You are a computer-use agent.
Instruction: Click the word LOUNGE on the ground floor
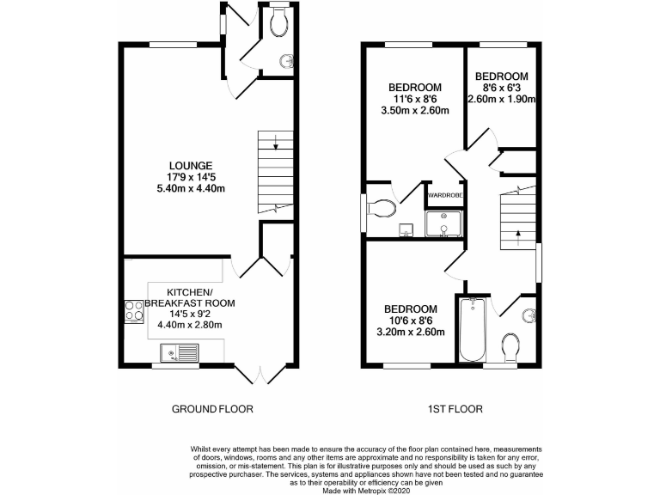(191, 165)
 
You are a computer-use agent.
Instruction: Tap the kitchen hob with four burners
(134, 310)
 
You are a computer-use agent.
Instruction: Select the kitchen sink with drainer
(179, 351)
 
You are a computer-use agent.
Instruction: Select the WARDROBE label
(445, 195)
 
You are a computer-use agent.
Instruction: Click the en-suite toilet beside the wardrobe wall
(382, 207)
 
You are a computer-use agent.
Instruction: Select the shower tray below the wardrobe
(443, 223)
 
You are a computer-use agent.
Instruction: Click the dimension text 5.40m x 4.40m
(191, 188)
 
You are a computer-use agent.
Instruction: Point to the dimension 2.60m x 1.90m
(502, 99)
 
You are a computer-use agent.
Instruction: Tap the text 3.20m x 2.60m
(410, 333)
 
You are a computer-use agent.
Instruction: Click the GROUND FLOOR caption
(212, 409)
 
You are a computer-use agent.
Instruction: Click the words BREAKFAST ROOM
(189, 303)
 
